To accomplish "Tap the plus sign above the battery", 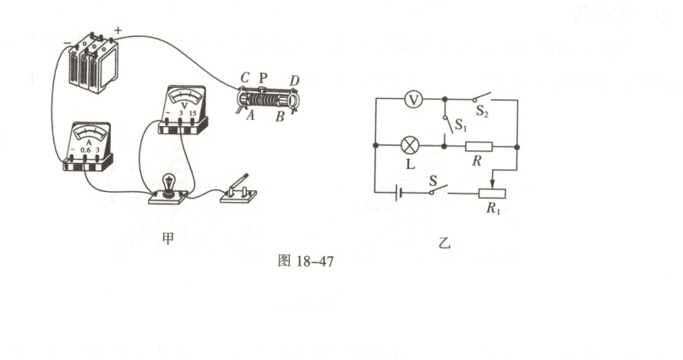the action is tap(117, 32).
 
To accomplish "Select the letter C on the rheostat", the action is tap(243, 78).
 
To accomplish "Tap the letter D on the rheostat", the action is tap(295, 80).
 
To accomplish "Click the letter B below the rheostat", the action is tap(279, 117).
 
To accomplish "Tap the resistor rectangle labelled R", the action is tap(479, 145).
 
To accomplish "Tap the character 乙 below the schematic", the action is tap(445, 243).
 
